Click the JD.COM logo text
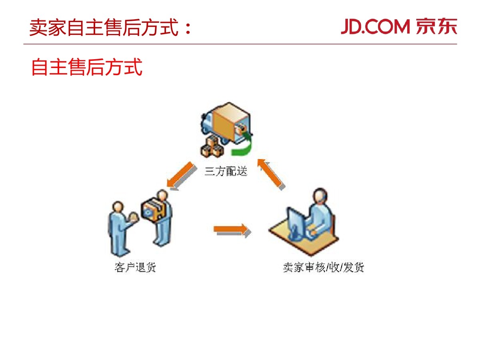tap(375, 27)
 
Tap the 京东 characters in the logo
tap(436, 27)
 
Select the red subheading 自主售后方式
tap(86, 67)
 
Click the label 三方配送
tap(226, 172)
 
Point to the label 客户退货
tap(135, 267)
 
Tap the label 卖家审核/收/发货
tap(323, 267)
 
